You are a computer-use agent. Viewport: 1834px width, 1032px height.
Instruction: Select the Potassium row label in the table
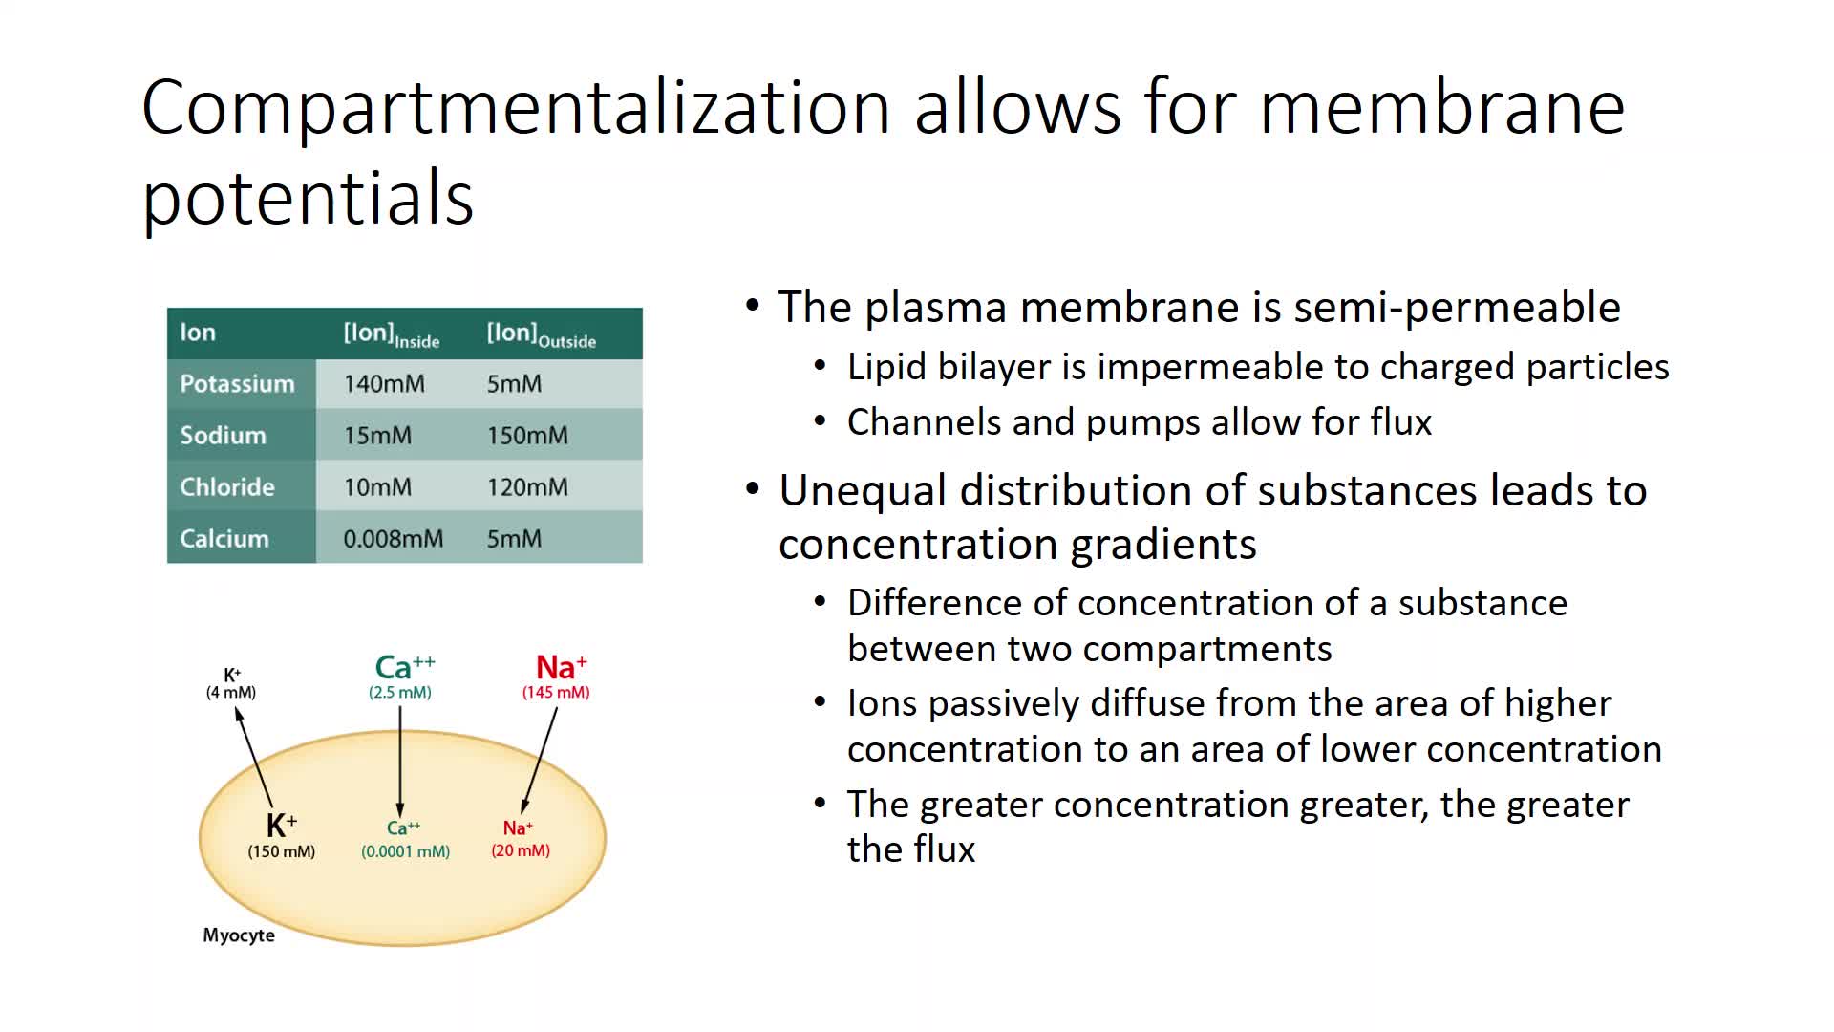(x=237, y=384)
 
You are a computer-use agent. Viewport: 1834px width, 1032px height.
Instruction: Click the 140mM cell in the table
(x=384, y=384)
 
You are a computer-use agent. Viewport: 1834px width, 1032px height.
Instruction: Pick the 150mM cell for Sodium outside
(x=527, y=436)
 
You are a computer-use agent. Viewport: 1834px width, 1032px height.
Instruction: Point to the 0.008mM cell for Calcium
(x=394, y=539)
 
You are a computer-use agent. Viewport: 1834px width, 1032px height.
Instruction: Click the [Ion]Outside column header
(x=542, y=334)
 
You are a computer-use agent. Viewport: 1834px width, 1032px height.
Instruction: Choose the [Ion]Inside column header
(x=392, y=334)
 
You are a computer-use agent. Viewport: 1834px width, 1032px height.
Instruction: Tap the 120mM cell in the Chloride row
(x=527, y=487)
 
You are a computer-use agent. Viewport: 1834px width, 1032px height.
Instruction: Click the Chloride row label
(x=227, y=487)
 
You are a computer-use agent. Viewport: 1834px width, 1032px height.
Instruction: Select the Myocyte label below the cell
(x=239, y=935)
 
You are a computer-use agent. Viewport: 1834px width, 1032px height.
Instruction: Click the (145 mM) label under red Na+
(x=556, y=692)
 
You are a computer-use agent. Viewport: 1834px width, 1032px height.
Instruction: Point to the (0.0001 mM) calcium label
(x=406, y=851)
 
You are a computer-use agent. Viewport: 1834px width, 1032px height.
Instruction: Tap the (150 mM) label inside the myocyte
(x=282, y=851)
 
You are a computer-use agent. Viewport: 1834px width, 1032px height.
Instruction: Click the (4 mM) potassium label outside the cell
(x=231, y=692)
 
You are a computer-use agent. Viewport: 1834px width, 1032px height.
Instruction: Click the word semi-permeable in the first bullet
(x=1457, y=308)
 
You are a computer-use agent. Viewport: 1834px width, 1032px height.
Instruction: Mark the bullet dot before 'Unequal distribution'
(x=754, y=490)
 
